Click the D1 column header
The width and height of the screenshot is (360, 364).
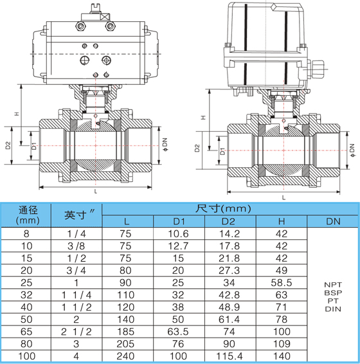tap(179, 221)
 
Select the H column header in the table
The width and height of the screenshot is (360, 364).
tap(282, 221)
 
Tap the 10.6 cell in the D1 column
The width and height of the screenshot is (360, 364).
tap(178, 233)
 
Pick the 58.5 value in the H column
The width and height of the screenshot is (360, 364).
tap(282, 283)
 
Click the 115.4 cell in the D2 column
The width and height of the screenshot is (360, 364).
tap(230, 356)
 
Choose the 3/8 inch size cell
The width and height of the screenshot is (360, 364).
tap(76, 246)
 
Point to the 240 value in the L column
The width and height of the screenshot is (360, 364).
tap(125, 356)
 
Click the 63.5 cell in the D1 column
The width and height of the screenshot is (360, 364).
tap(178, 332)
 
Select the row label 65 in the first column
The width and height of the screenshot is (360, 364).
tap(26, 332)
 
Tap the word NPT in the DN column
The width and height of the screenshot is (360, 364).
tap(333, 285)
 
